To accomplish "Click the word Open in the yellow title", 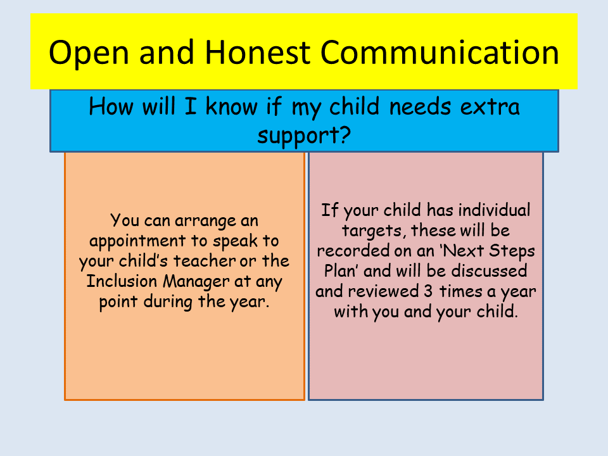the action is pos(89,53).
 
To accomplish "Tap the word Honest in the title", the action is pos(258,52).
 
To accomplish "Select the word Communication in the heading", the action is pos(440,52).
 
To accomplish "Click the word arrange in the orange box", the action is pos(205,222).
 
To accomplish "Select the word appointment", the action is pos(137,241).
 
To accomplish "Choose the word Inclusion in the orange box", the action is pos(122,281).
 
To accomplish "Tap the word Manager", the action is pos(196,282).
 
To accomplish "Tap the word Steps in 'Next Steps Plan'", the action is pos(512,251).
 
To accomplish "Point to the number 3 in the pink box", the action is pos(428,291).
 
